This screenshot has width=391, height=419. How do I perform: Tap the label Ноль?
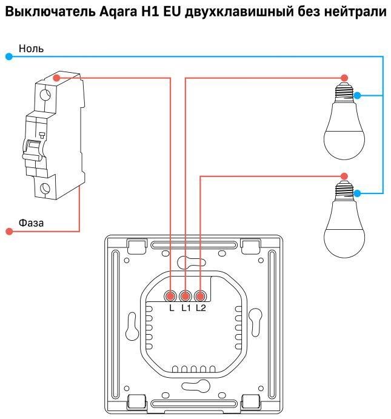click(x=31, y=49)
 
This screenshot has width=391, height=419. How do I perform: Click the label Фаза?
click(x=31, y=223)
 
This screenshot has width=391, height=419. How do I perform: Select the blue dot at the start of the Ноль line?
click(x=9, y=56)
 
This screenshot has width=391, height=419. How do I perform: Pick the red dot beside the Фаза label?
click(x=9, y=231)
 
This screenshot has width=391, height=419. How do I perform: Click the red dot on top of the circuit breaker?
click(x=56, y=78)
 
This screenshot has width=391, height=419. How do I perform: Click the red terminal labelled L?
click(x=170, y=296)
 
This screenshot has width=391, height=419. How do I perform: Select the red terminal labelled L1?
click(x=185, y=296)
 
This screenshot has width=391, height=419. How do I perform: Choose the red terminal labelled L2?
click(x=200, y=296)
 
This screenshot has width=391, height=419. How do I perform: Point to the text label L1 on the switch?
click(x=186, y=308)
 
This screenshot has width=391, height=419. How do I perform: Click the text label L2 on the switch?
click(x=201, y=308)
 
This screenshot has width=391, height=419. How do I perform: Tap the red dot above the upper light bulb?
click(x=344, y=78)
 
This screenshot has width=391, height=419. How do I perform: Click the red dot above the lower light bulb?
click(x=344, y=176)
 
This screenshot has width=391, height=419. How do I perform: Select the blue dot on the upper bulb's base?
click(x=357, y=95)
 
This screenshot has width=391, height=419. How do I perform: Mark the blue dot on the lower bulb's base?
click(x=357, y=193)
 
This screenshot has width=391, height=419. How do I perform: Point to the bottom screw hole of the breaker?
click(x=45, y=189)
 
